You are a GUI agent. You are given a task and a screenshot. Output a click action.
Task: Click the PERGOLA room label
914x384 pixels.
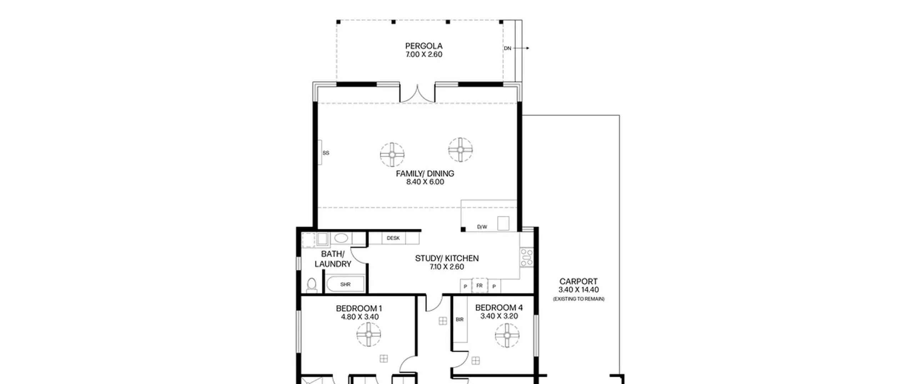(424, 46)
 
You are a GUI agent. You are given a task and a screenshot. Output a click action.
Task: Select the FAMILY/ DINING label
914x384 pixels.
(425, 174)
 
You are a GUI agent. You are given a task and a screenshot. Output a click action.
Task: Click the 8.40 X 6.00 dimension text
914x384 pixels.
(425, 182)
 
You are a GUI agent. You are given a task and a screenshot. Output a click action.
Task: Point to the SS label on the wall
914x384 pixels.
(326, 153)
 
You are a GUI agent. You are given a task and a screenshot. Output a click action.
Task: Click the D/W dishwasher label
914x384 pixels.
(482, 227)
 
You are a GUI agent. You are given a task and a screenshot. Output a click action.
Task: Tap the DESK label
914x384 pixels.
(393, 238)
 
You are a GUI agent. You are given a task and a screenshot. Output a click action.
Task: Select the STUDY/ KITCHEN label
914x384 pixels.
(447, 258)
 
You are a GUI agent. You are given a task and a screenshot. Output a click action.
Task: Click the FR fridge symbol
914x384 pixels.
(479, 285)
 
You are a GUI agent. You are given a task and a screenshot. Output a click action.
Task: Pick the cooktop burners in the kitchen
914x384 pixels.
(527, 257)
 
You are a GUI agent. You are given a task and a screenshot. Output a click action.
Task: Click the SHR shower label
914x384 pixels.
(345, 284)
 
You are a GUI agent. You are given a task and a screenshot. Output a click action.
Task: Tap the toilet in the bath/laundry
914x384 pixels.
(312, 285)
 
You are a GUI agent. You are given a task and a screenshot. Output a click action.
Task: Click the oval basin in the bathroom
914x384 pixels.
(341, 238)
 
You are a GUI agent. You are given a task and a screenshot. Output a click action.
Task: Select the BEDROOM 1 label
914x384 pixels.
(359, 308)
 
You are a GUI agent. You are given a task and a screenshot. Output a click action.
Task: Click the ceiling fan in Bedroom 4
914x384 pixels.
(507, 335)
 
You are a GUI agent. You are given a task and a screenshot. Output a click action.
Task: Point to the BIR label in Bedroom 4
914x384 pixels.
(459, 319)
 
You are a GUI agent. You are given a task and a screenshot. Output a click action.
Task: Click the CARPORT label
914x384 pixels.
(578, 281)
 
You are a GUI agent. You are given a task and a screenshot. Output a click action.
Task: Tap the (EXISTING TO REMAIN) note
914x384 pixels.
(579, 299)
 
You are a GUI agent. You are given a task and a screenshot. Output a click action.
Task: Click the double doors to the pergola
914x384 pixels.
(417, 94)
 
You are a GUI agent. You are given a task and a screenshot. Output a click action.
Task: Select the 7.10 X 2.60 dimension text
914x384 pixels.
(447, 267)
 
